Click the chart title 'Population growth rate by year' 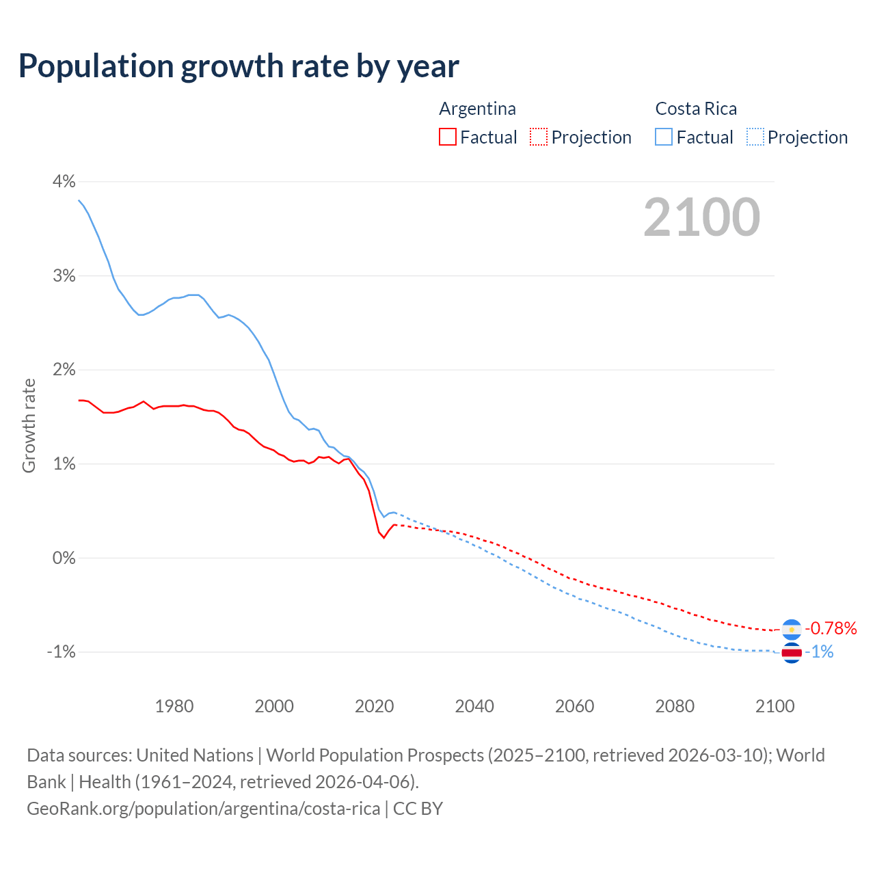click(239, 66)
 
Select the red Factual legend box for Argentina click(448, 137)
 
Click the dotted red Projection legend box click(539, 137)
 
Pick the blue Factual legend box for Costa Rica click(664, 137)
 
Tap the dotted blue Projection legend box click(755, 137)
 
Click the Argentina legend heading click(477, 109)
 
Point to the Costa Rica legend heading click(696, 109)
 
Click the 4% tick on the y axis click(64, 181)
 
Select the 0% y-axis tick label click(64, 558)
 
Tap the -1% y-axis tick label click(61, 651)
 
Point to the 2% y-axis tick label click(64, 369)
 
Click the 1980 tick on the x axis click(174, 706)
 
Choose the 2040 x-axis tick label click(474, 706)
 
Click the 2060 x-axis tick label click(574, 706)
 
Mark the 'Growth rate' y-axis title click(29, 425)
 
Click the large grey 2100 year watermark click(701, 217)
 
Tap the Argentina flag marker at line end click(792, 629)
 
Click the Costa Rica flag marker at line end click(792, 653)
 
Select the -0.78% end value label click(831, 628)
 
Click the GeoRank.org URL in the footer click(203, 809)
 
